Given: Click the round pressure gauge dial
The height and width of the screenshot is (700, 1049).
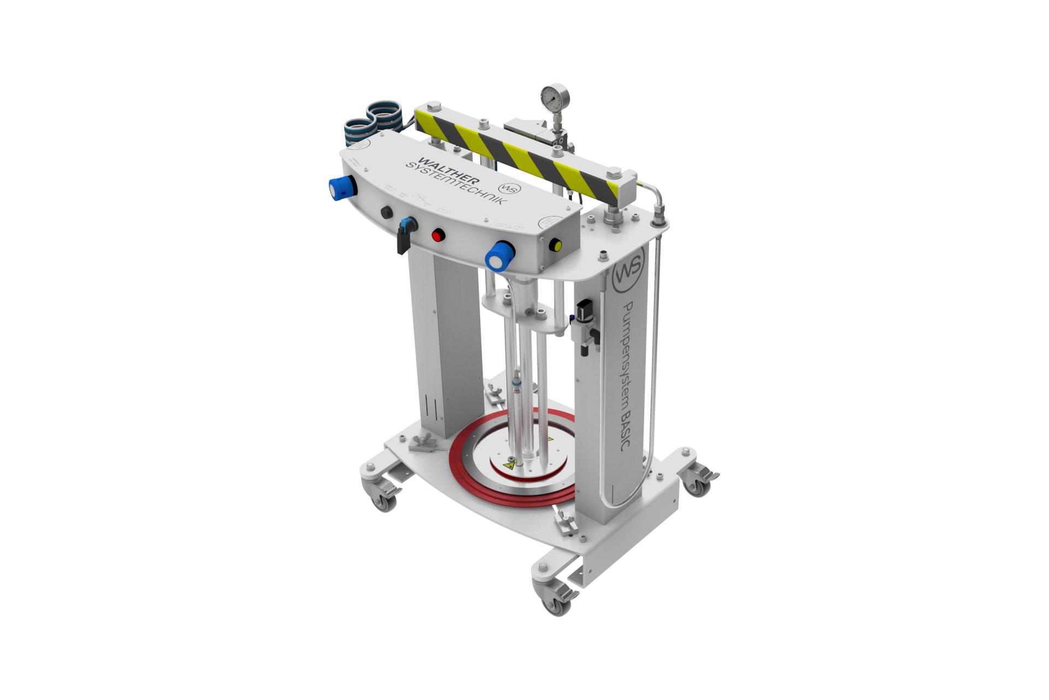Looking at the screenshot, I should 555,98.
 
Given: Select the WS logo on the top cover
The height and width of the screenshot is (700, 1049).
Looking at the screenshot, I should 509,188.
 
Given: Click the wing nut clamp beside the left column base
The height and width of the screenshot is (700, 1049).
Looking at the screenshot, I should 424,441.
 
